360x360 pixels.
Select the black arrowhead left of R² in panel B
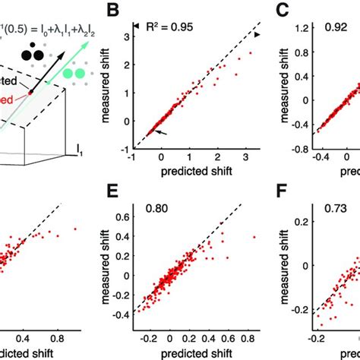click(137, 27)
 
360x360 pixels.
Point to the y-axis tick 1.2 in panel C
click(302, 30)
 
